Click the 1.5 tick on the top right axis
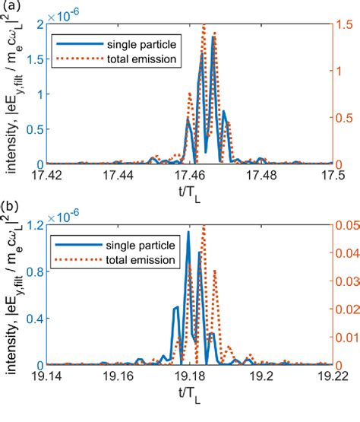(x=346, y=24)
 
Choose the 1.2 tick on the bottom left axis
(x=33, y=225)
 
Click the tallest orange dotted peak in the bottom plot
(x=204, y=227)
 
